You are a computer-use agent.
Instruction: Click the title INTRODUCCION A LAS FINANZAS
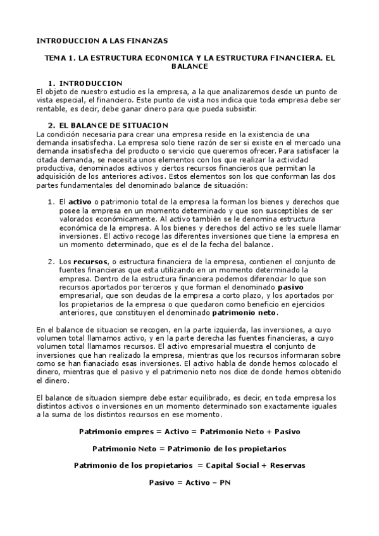(102, 40)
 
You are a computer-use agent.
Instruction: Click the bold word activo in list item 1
(80, 202)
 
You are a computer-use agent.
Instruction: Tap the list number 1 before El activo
(51, 202)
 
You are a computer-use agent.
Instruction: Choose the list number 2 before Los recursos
(51, 261)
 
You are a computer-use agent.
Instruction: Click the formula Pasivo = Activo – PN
(190, 481)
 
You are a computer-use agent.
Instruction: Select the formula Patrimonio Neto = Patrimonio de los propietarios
(189, 448)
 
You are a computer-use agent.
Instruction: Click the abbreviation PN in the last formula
(225, 481)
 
